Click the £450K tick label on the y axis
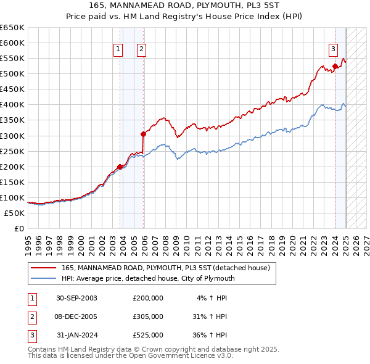pyautogui.click(x=12, y=89)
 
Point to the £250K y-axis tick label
pyautogui.click(x=12, y=151)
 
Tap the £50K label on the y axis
pyautogui.click(x=14, y=213)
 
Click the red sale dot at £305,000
pyautogui.click(x=143, y=133)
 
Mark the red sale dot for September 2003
pyautogui.click(x=120, y=167)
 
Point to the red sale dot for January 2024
pyautogui.click(x=335, y=66)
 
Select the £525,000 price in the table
pyautogui.click(x=147, y=335)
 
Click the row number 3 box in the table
pyautogui.click(x=31, y=335)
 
